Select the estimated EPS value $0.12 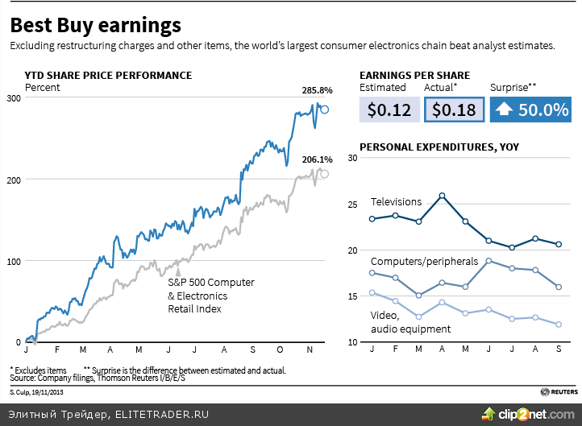tap(389, 110)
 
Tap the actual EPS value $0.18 tap(454, 110)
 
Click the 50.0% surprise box tap(530, 110)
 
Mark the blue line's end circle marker tap(325, 110)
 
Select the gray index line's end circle tap(325, 174)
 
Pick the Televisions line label tap(396, 201)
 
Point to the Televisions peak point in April tap(442, 196)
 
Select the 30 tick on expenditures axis tap(351, 158)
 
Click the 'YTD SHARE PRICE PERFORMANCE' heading tap(108, 75)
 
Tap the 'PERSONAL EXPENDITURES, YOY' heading tap(439, 147)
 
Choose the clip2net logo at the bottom tap(529, 414)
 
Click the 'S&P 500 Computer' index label tap(210, 283)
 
